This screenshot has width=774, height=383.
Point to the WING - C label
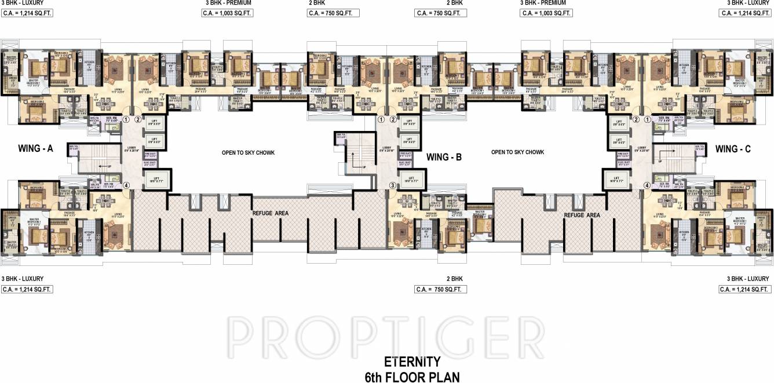(x=733, y=149)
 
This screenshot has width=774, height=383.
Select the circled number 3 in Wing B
(x=392, y=185)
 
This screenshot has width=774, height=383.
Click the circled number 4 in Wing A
(x=126, y=185)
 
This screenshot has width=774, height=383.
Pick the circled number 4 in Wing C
(x=647, y=185)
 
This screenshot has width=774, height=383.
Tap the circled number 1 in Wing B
(x=381, y=120)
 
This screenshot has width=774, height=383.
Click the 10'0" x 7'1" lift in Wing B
(x=411, y=178)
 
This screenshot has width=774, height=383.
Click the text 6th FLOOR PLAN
(x=412, y=377)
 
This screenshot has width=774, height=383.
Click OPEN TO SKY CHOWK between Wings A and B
(x=248, y=152)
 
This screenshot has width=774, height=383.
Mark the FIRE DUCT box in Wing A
(x=150, y=156)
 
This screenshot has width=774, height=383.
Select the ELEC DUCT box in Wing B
(x=404, y=163)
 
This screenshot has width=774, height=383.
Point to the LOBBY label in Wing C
(x=641, y=148)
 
